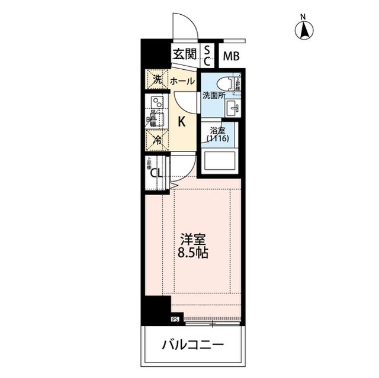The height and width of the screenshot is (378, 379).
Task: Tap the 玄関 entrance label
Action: pyautogui.click(x=184, y=54)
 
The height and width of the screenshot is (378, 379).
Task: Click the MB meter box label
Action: pyautogui.click(x=231, y=57)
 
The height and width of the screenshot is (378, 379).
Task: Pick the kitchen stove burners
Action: pyautogui.click(x=157, y=101)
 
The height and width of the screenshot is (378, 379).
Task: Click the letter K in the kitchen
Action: pyautogui.click(x=182, y=122)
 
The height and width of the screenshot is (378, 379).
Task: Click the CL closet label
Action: pyautogui.click(x=156, y=173)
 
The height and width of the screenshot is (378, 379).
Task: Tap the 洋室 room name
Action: pyautogui.click(x=193, y=241)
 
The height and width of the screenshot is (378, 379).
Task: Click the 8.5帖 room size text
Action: pyautogui.click(x=193, y=254)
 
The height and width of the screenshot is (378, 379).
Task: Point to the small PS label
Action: pyautogui.click(x=175, y=320)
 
